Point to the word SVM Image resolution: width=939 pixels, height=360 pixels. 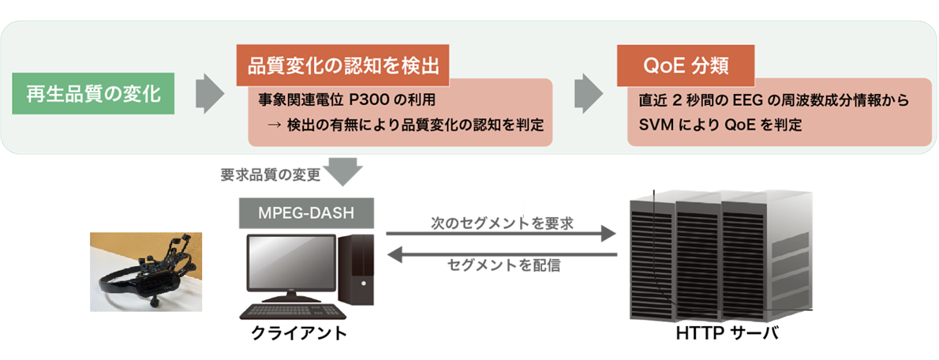[x=655, y=125]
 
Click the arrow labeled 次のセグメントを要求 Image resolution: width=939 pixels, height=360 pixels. [x=500, y=234]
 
